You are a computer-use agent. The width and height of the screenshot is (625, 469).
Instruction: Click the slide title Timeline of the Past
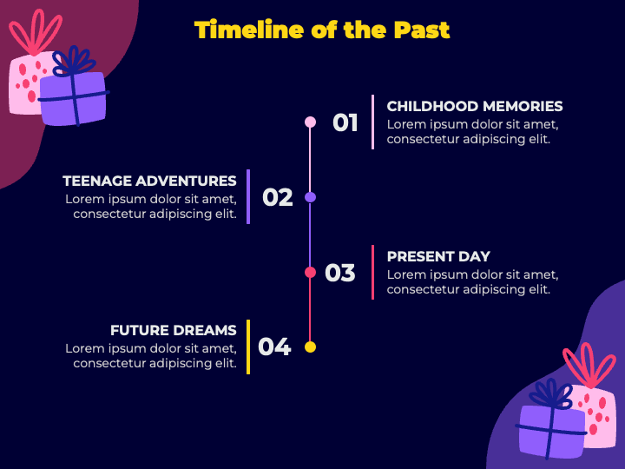pos(322,30)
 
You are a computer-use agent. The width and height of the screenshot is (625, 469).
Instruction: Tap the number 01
pos(345,122)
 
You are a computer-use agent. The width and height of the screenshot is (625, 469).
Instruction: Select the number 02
pos(278,197)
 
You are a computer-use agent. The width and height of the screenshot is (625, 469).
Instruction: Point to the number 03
pos(340,273)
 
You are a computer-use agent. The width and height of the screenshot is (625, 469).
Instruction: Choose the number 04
pos(274,347)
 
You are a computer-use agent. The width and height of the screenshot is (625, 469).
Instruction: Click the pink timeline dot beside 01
pos(310,122)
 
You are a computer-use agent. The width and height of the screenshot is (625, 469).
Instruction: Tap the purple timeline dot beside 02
pos(310,197)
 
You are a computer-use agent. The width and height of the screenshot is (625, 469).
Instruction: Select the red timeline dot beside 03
pos(310,273)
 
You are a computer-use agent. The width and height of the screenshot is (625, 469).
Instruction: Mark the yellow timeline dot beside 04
pos(310,347)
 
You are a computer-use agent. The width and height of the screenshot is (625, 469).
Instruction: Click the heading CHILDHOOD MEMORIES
pos(475,107)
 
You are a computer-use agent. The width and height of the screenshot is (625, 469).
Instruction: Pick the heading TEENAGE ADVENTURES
pos(149,181)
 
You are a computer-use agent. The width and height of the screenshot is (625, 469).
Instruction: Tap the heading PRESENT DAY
pos(438,256)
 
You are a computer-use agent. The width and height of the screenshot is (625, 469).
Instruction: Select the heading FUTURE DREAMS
pos(174,330)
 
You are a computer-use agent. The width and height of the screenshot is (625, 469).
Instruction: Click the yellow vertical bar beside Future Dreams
pos(248,347)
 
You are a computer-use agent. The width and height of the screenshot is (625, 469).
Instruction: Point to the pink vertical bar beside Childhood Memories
pos(372,122)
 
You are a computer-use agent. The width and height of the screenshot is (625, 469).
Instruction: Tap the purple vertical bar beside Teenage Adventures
pos(248,197)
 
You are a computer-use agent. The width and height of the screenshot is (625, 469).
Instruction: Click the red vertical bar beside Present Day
pos(372,273)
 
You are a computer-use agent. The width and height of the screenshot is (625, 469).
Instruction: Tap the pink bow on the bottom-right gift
pos(589,365)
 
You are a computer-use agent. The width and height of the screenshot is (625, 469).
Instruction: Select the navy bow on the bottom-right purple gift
pos(552,394)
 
